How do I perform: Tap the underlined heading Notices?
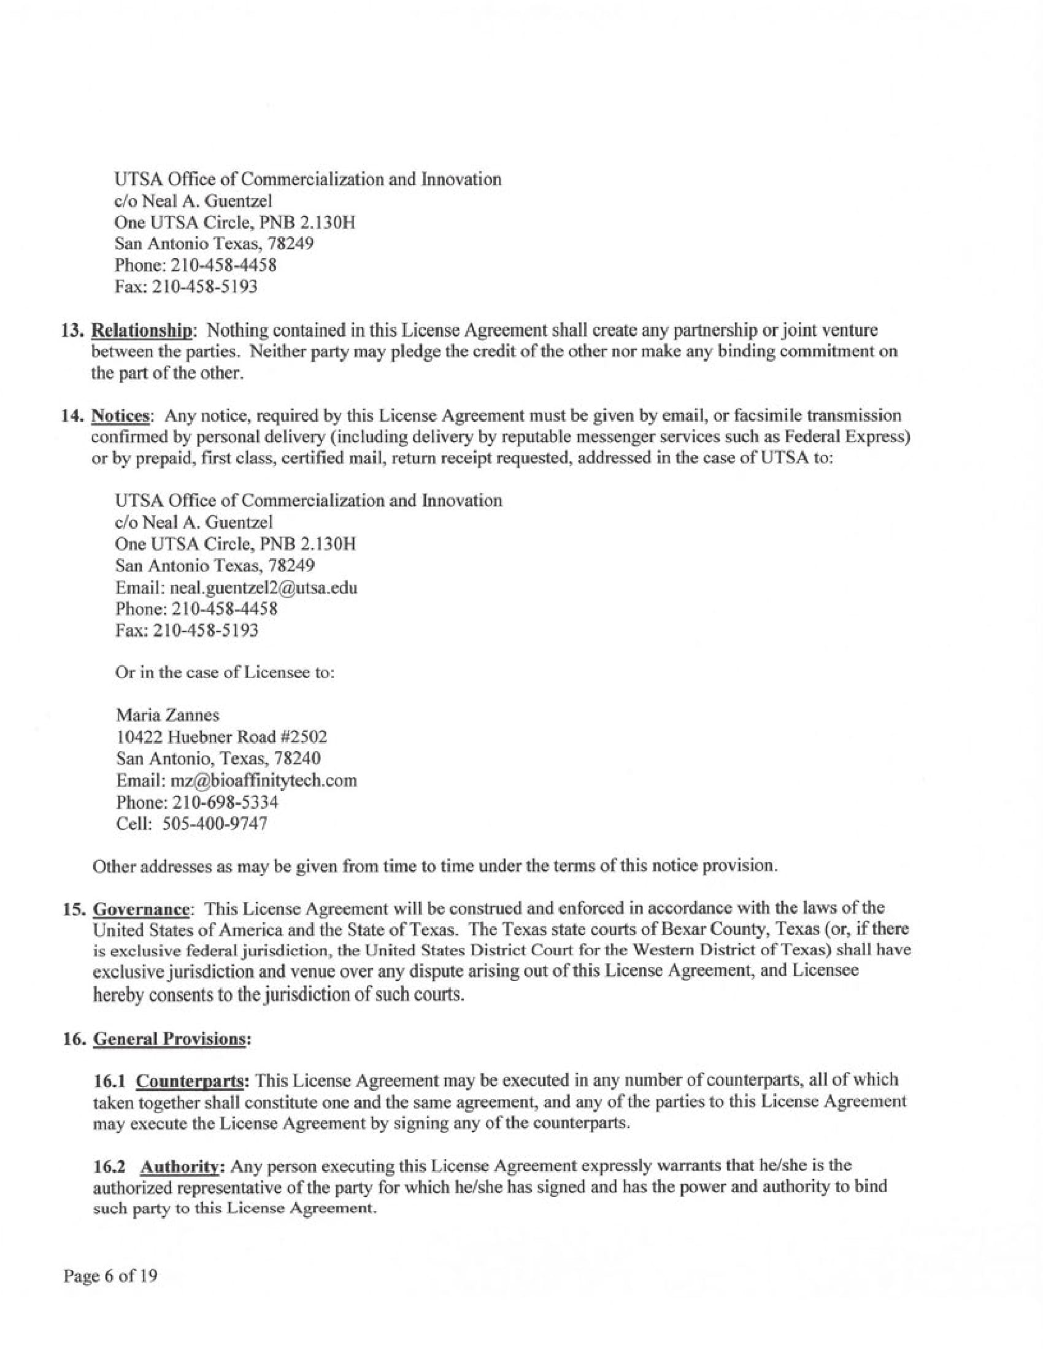[x=120, y=416]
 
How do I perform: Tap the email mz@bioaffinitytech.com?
[x=263, y=781]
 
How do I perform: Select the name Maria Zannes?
[x=167, y=715]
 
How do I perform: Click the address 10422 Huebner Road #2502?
[x=221, y=737]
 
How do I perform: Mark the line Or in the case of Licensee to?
[x=225, y=673]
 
